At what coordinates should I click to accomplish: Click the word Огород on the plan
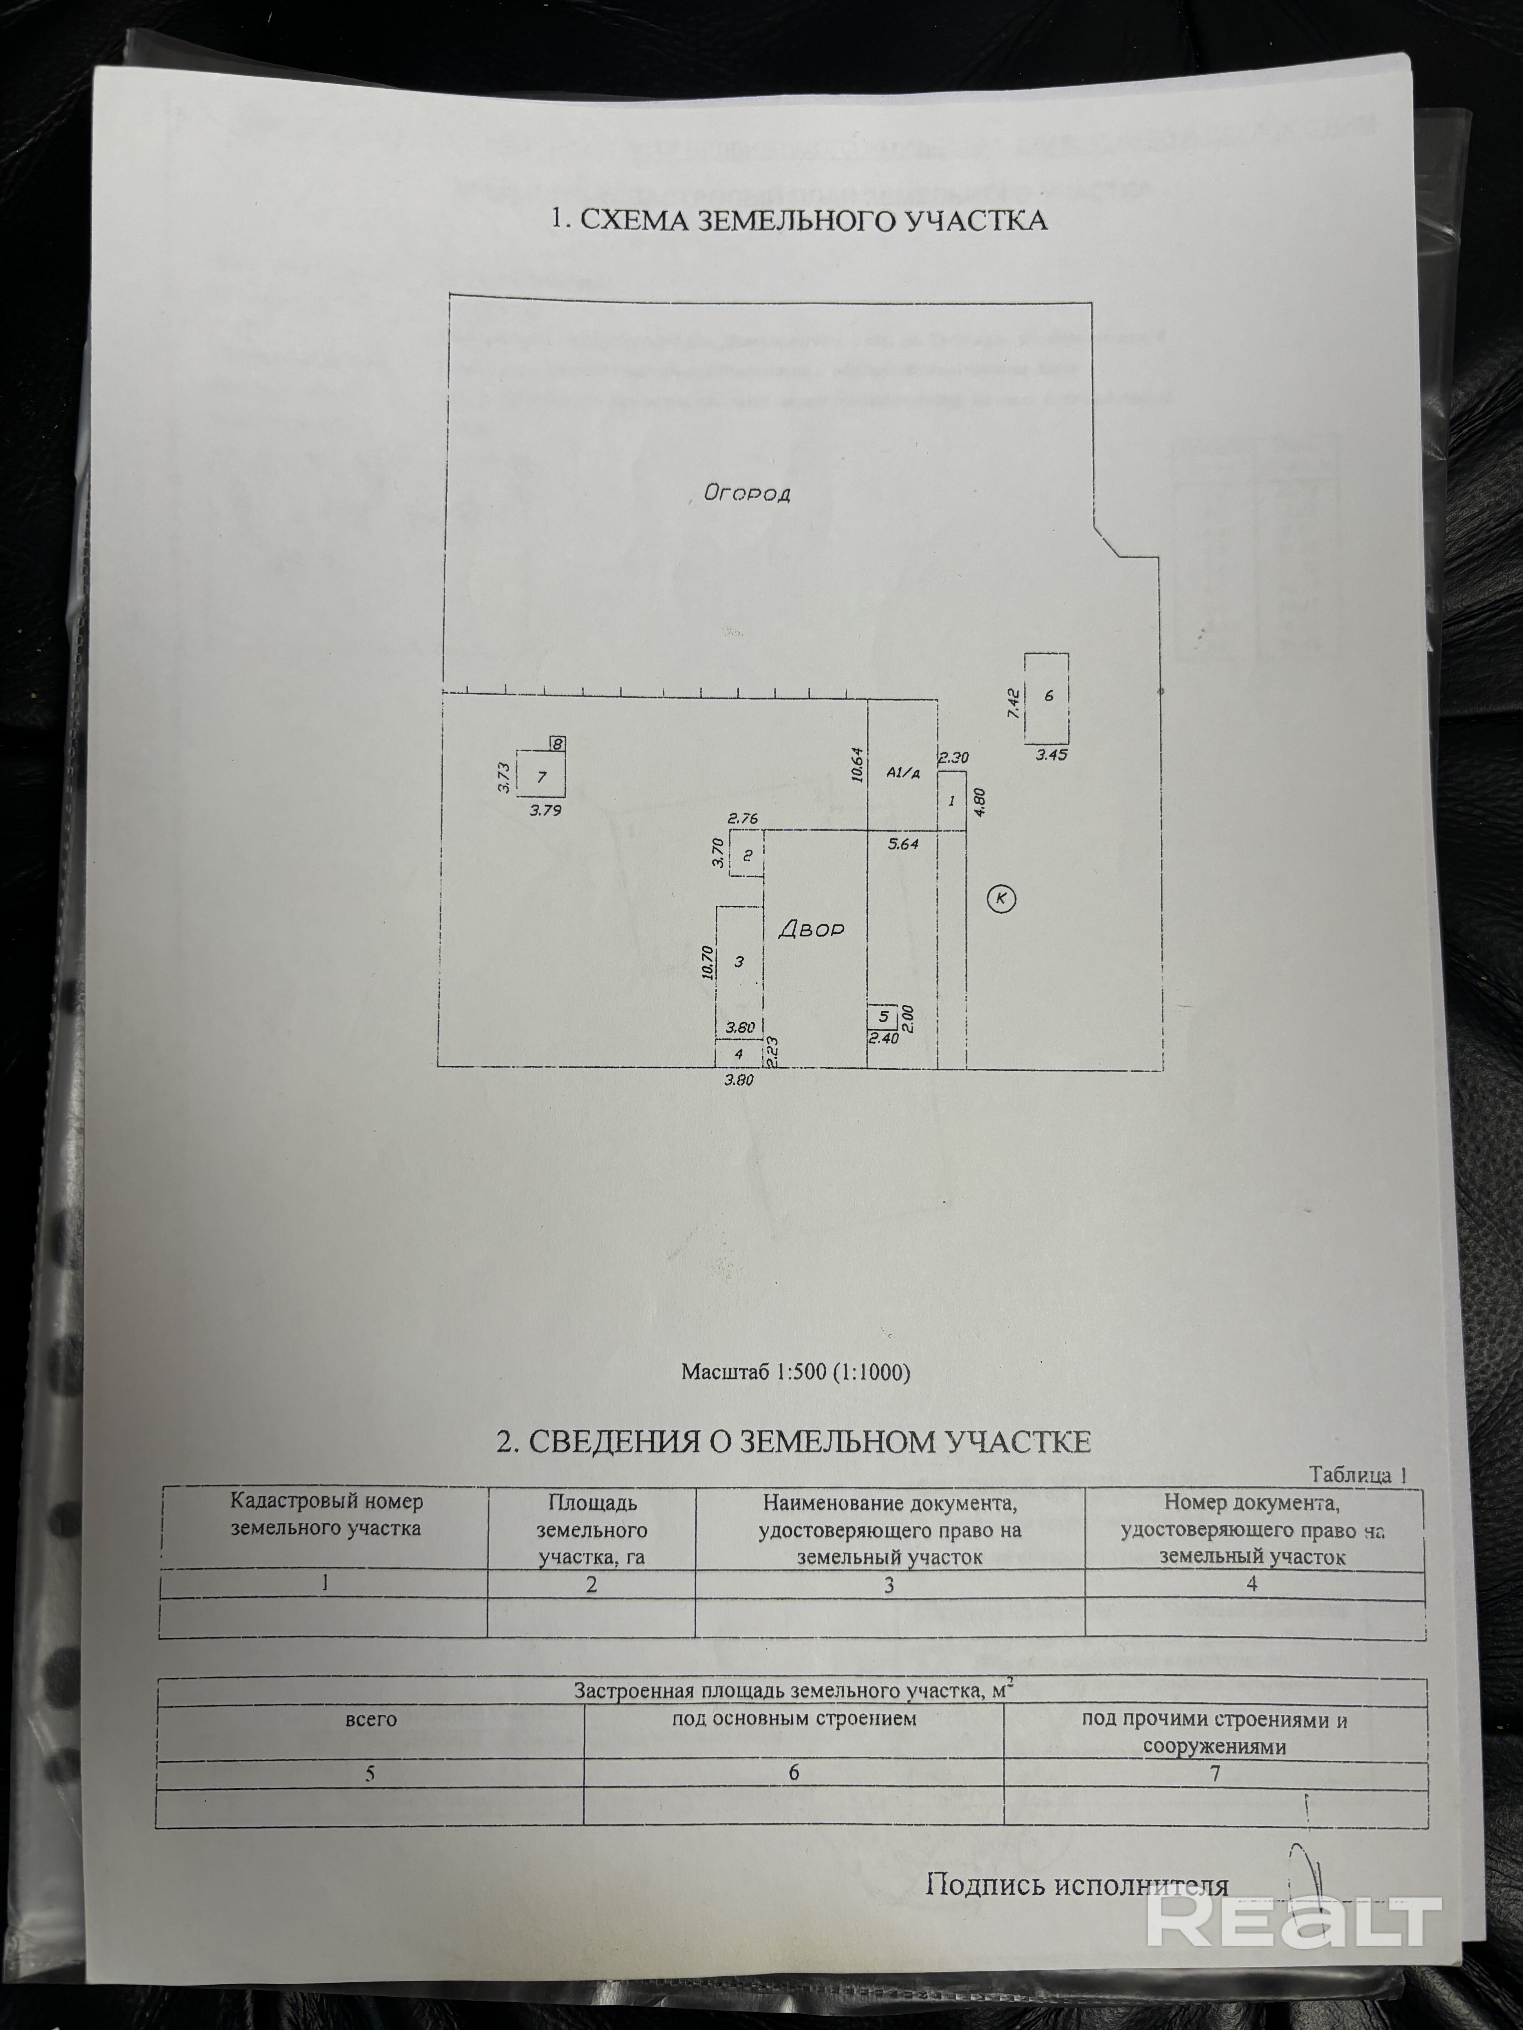pyautogui.click(x=746, y=493)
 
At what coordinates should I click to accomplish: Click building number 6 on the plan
pyautogui.click(x=1047, y=696)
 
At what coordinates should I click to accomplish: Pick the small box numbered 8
pyautogui.click(x=557, y=743)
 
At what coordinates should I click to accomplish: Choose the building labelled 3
pyautogui.click(x=739, y=962)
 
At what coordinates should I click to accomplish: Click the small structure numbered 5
pyautogui.click(x=883, y=1016)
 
